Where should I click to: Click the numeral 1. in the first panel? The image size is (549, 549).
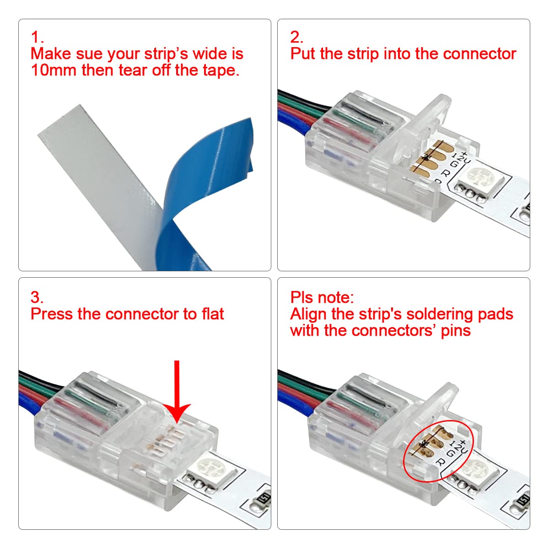point(37,37)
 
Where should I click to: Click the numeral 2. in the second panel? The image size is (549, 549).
point(296,37)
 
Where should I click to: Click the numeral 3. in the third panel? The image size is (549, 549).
point(37,297)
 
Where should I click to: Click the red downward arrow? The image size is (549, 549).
point(177,389)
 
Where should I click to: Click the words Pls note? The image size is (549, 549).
point(322,297)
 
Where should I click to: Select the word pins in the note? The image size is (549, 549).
point(456,331)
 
